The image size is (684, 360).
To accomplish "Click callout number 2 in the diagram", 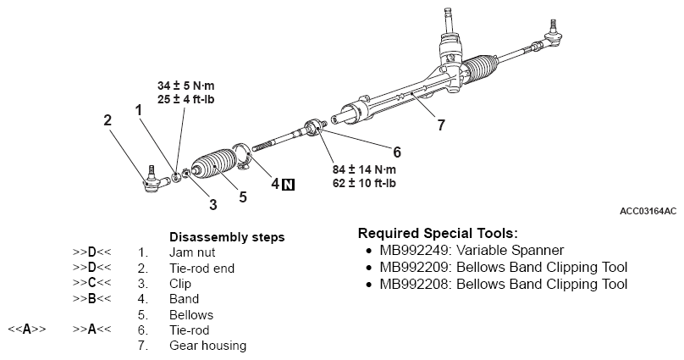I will tap(108, 120).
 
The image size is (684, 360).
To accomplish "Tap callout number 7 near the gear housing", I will tap(441, 125).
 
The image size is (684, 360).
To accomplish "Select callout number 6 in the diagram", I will tap(396, 152).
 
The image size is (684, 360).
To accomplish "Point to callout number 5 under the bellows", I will tap(243, 197).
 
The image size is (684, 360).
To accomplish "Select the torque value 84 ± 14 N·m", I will tap(366, 169).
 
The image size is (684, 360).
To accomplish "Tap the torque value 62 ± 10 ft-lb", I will tap(366, 182).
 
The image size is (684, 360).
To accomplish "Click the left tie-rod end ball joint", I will tap(152, 180).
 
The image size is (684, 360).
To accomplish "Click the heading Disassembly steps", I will tap(227, 236).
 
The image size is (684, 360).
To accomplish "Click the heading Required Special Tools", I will tap(438, 233).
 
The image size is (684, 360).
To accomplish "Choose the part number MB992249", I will tap(415, 250).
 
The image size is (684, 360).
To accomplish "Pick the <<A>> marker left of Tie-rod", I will tap(27, 330).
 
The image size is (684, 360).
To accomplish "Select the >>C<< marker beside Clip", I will tap(91, 283).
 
